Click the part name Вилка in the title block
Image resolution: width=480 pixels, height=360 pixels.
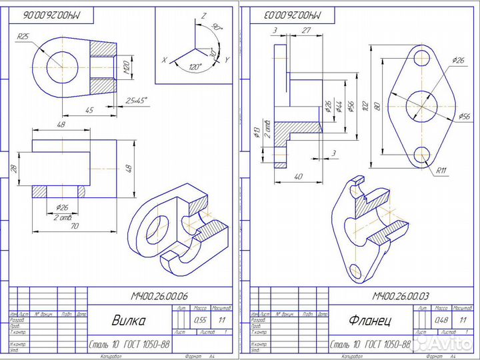128,320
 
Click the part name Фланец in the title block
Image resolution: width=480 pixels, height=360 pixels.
371,320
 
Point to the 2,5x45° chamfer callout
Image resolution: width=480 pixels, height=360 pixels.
137,101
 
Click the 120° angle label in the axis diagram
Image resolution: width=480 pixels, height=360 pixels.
195,68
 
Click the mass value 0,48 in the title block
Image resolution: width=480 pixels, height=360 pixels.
441,319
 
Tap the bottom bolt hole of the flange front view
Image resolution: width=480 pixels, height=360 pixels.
421,156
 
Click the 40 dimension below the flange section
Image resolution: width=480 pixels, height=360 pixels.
297,176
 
